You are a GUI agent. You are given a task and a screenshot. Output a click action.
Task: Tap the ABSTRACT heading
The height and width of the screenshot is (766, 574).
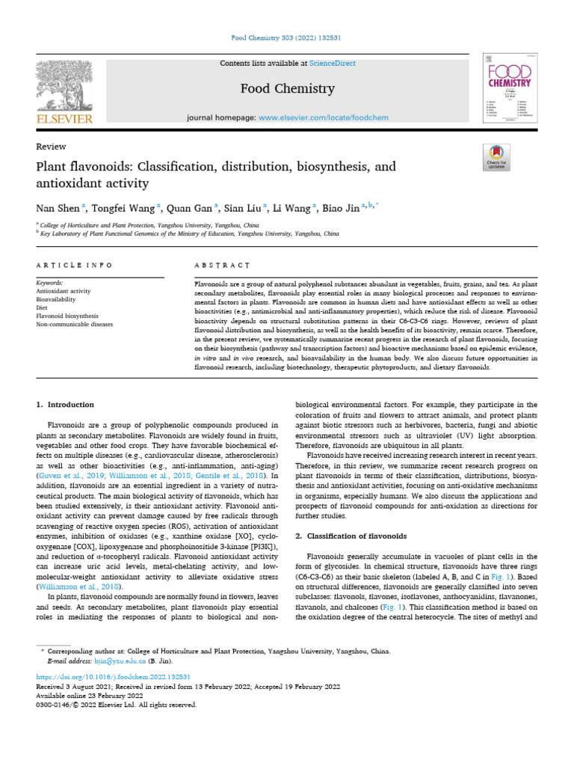coord(221,265)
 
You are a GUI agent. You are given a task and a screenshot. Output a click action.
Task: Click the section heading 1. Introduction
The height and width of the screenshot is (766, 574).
coord(66,405)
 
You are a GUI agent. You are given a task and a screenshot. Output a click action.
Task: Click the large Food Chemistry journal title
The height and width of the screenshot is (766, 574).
coord(287,89)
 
